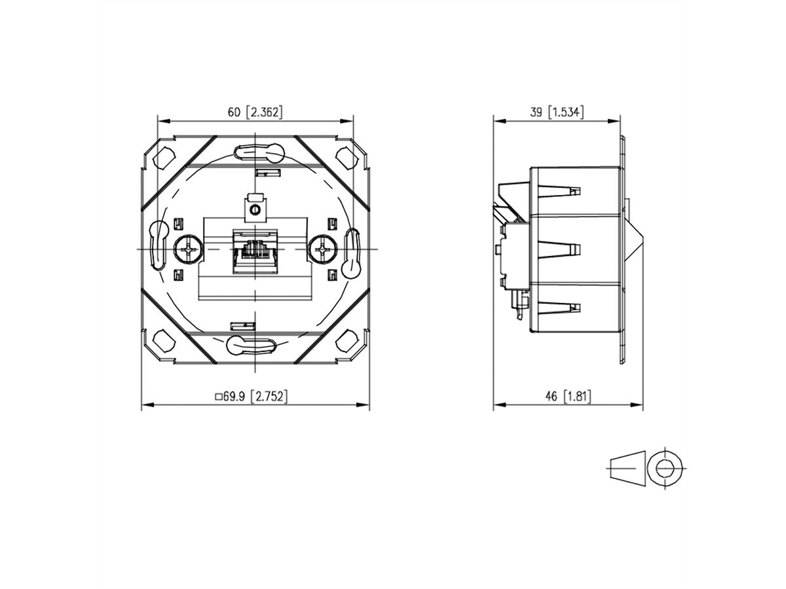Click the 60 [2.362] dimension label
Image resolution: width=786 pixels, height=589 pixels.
(x=255, y=113)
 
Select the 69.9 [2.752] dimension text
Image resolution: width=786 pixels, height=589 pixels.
(x=252, y=396)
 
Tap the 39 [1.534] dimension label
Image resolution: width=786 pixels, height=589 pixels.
(x=557, y=113)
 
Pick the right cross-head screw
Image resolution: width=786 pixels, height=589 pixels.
(x=323, y=249)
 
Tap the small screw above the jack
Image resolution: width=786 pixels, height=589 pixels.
(x=255, y=210)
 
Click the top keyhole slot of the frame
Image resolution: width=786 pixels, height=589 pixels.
(x=257, y=152)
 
